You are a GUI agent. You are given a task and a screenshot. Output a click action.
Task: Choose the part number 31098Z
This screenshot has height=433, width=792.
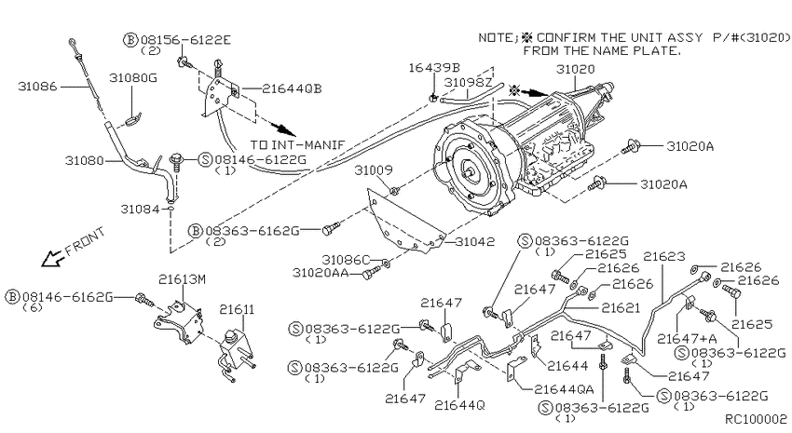click(470, 82)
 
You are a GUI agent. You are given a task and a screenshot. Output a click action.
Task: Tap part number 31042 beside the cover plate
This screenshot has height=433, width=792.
click(474, 241)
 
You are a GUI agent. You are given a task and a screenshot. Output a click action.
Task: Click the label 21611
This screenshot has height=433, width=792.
click(237, 308)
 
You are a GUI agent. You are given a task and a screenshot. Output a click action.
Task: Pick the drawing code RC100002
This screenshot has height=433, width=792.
click(756, 420)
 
